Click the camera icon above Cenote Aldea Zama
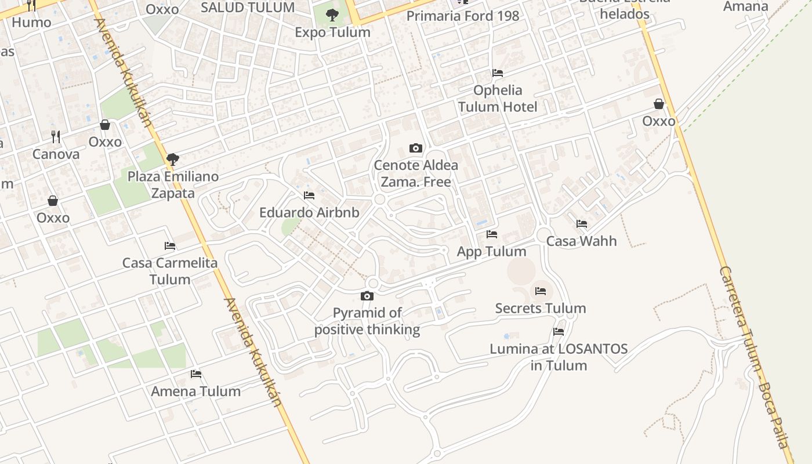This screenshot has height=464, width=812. [415, 148]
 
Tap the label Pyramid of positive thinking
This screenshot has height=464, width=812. [367, 321]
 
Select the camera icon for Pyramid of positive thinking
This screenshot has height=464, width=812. [367, 296]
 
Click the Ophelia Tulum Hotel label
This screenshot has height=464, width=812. [498, 99]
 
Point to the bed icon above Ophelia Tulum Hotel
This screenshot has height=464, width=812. [498, 73]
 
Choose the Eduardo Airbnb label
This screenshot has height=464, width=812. [309, 213]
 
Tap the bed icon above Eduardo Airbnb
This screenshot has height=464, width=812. [309, 195]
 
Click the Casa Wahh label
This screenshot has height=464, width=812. [582, 241]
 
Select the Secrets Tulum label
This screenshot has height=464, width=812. [541, 309]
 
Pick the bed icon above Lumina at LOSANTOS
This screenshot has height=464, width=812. [559, 332]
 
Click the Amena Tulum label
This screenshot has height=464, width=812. [196, 391]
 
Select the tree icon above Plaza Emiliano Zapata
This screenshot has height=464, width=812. [172, 159]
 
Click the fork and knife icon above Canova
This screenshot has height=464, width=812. [56, 137]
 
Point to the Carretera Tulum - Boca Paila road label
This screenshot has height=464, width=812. [756, 357]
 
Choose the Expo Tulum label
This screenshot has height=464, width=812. [332, 32]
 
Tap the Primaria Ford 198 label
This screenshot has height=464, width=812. [463, 16]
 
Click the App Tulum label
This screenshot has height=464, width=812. [492, 252]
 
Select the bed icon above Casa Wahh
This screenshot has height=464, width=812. [582, 224]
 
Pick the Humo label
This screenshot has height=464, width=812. [31, 23]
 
